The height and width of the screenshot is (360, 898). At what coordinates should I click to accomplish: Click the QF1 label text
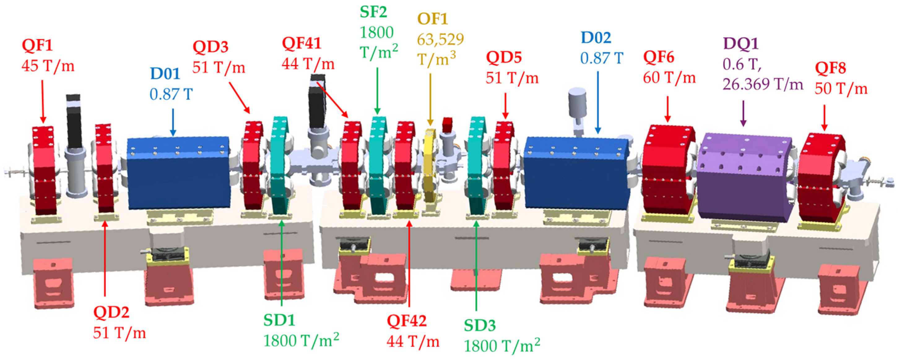pyautogui.click(x=37, y=45)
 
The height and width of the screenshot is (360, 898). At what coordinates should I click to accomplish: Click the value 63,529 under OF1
pyautogui.click(x=440, y=40)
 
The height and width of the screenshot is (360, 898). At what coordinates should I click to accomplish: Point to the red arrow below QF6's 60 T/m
pyautogui.click(x=668, y=109)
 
